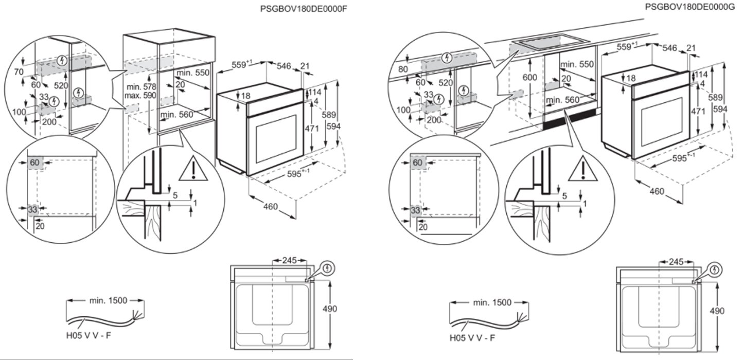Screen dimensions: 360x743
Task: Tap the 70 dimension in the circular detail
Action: point(20,72)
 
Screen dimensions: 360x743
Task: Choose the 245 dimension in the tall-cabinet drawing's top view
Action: point(290,261)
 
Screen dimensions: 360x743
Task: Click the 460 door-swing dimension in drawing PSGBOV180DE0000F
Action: point(271,207)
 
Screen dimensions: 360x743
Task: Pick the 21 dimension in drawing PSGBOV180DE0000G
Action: point(691,48)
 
